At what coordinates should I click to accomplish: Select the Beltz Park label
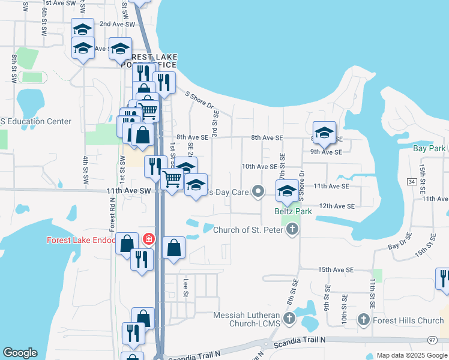(x=292, y=211)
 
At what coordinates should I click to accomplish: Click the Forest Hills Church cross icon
(x=364, y=320)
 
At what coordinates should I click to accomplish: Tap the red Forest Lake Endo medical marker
(x=148, y=240)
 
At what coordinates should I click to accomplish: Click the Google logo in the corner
(x=20, y=353)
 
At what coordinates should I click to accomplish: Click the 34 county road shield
(x=411, y=181)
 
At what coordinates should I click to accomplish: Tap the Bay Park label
(x=429, y=148)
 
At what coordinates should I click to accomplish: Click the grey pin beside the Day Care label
(x=259, y=192)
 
